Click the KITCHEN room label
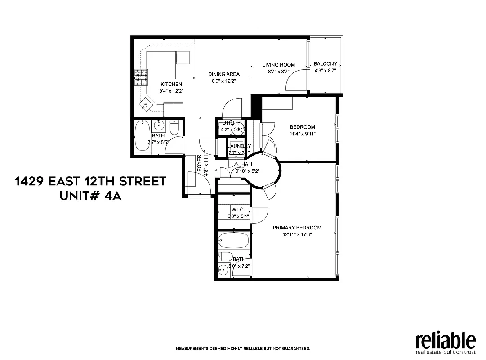click(171, 84)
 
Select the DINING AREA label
click(223, 74)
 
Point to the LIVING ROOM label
click(279, 65)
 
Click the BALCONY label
click(325, 64)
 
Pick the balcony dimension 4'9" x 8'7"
click(325, 71)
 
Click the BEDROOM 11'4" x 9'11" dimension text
click(302, 134)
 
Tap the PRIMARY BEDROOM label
click(297, 228)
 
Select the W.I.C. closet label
click(238, 210)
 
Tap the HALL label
click(247, 165)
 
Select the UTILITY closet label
click(232, 123)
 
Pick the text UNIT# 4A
click(90, 197)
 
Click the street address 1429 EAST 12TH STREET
click(90, 181)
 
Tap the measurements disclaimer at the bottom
click(242, 349)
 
